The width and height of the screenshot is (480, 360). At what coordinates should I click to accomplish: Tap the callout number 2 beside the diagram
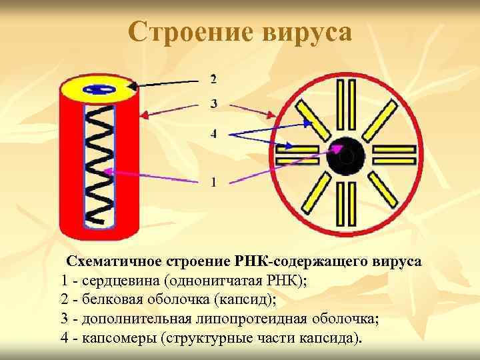[x=213, y=79]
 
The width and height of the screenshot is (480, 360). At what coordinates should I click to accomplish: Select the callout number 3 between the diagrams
[x=213, y=103]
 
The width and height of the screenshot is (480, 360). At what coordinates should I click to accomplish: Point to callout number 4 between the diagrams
[x=213, y=133]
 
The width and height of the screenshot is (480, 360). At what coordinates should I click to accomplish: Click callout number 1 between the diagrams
[x=213, y=181]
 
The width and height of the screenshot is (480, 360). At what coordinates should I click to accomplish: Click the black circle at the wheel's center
[x=345, y=156]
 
